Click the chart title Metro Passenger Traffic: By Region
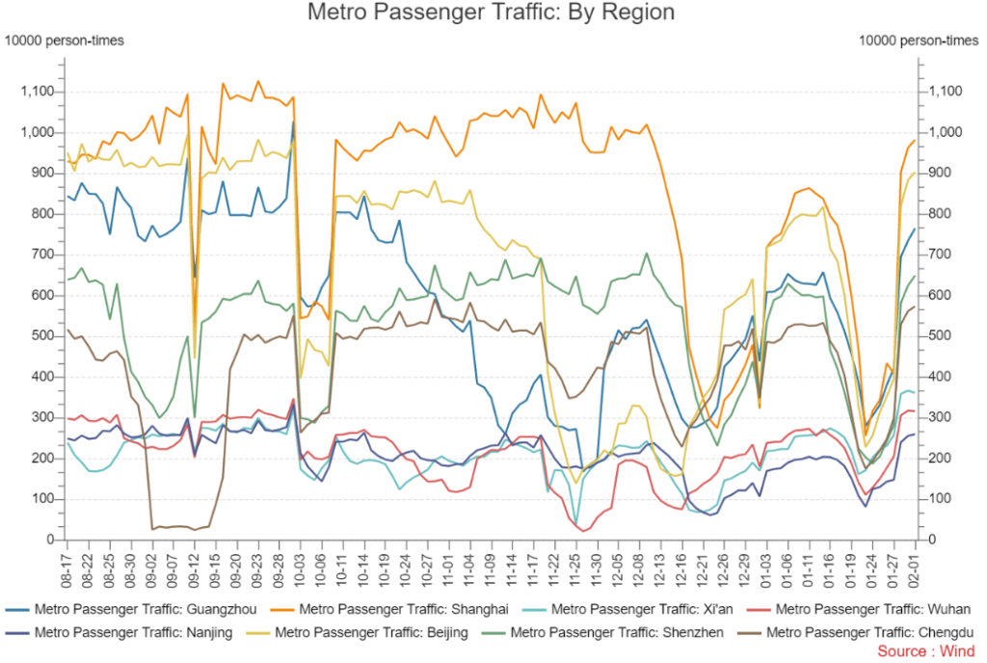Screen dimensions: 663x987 pos(492,13)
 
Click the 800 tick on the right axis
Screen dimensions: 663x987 pos(939,214)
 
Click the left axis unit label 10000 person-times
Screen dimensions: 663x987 pos(65,40)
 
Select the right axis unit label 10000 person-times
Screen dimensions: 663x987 pos(917,40)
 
